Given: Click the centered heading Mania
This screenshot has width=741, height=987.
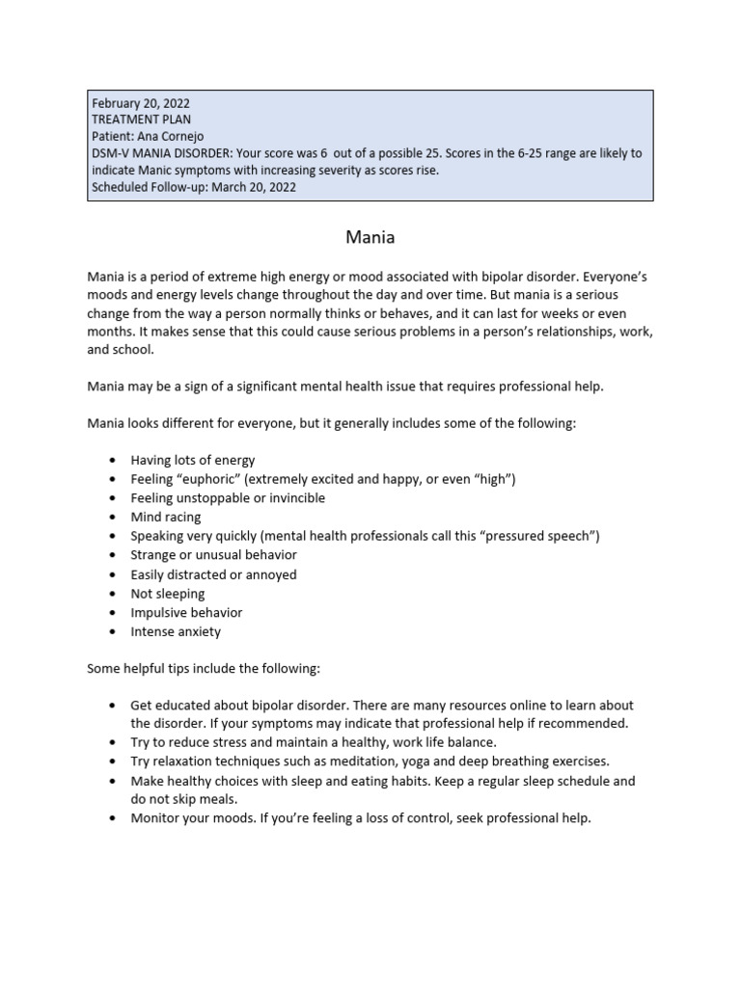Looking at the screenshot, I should pos(370,235).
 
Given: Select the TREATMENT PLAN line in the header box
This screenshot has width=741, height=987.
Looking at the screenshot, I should pos(140,120).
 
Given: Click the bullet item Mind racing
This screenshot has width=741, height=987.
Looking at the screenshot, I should pos(166,517).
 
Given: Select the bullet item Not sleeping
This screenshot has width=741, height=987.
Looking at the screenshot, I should pos(168,594).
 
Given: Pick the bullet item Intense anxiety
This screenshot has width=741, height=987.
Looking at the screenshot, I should pos(176,632).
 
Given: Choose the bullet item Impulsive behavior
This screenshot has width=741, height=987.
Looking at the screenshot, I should pos(186,613).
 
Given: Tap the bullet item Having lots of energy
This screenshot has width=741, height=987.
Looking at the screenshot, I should pos(193,460).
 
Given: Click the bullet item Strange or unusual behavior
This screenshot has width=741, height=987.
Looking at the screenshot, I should pos(213,555).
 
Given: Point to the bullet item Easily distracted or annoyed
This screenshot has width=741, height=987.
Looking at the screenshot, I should pos(213,574).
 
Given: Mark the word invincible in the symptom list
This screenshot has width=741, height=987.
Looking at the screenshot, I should pos(292,498).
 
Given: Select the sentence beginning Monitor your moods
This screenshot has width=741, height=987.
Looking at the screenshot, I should pos(361,818).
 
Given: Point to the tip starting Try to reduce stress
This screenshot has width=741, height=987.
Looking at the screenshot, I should pos(314,742).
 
